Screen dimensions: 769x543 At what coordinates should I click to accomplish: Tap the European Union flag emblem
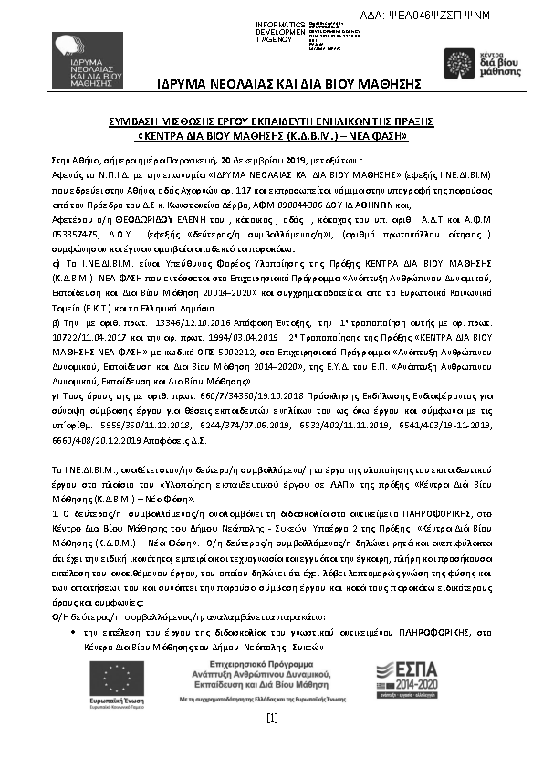pos(109,676)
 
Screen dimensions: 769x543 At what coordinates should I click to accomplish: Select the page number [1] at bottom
pos(271,718)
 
